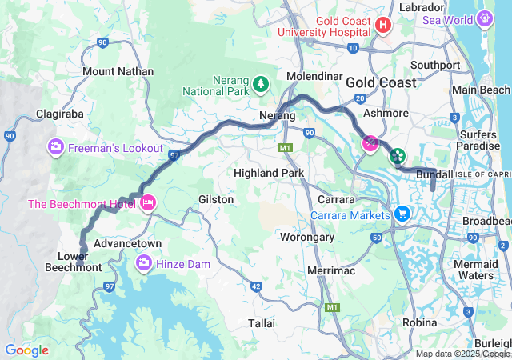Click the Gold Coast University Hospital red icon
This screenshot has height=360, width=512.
[x=383, y=26]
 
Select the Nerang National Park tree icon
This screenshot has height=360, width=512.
[x=260, y=83]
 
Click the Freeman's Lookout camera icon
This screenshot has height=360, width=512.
[x=56, y=146]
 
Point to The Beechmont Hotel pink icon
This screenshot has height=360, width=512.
[x=147, y=204]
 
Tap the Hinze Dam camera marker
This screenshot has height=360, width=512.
[x=144, y=262]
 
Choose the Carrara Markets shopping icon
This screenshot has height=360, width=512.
[x=402, y=214]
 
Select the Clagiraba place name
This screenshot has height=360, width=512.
[x=60, y=114]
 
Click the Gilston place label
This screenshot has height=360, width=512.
[x=216, y=198]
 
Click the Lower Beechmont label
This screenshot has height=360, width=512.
[x=79, y=262]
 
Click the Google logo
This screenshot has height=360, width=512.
[x=26, y=350]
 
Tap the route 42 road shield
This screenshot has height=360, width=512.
[x=256, y=286]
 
